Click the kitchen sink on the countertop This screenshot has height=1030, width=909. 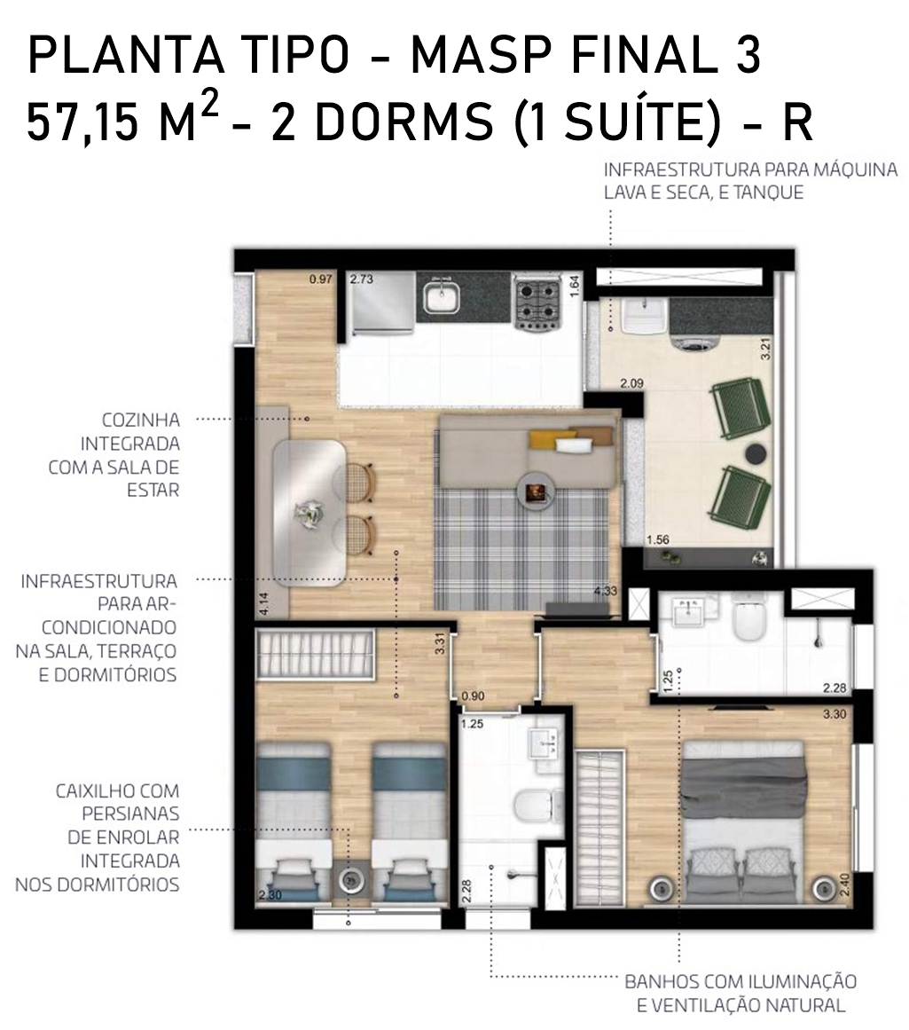[x=441, y=297]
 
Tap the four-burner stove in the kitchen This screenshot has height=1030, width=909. [x=537, y=303]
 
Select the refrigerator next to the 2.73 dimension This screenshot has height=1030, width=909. [x=382, y=303]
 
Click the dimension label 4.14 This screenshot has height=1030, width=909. [x=264, y=603]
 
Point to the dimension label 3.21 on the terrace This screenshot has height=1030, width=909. [x=764, y=348]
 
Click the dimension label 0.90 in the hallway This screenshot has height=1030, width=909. [x=473, y=696]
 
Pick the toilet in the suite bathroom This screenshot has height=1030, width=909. [x=748, y=617]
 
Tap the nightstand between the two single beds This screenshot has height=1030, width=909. [x=350, y=879]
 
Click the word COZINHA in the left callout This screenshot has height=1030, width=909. [x=140, y=420]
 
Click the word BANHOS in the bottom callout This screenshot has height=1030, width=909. [x=662, y=982]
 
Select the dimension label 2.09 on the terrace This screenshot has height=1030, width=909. [x=631, y=383]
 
